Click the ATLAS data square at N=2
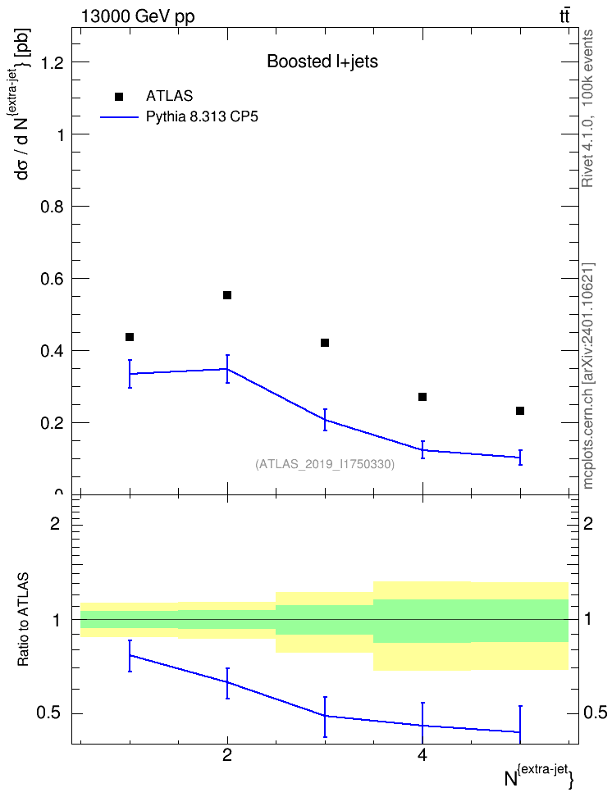pos(227,295)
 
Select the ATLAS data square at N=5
pos(520,411)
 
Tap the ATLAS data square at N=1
pos(130,337)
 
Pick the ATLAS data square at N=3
pos(325,343)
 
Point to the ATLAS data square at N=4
pos(422,397)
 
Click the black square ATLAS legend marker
pos(119,97)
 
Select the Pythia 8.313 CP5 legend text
pos(202,117)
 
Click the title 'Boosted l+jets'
pos(322,61)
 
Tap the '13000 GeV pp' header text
pos(138,16)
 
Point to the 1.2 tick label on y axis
pos(52,62)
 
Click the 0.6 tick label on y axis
pos(52,279)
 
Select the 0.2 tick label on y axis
pos(52,423)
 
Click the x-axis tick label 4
pos(422,755)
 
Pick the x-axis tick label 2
pos(227,755)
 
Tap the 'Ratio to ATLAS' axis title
pos(23,619)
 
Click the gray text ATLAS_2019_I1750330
pos(325,464)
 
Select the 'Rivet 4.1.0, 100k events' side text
pos(587,108)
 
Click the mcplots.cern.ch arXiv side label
pos(588,376)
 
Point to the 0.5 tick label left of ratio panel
pos(48,713)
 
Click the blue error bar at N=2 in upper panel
pos(227,368)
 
